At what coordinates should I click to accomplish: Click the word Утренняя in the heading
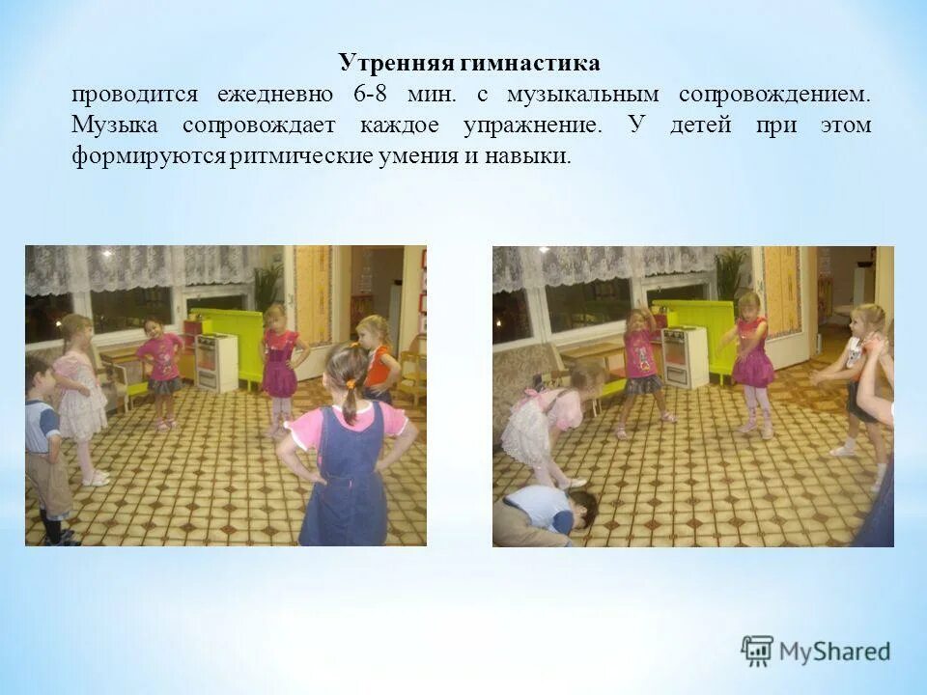click(384, 64)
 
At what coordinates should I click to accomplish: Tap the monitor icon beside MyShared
click(757, 652)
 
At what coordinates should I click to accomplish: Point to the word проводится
click(133, 95)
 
